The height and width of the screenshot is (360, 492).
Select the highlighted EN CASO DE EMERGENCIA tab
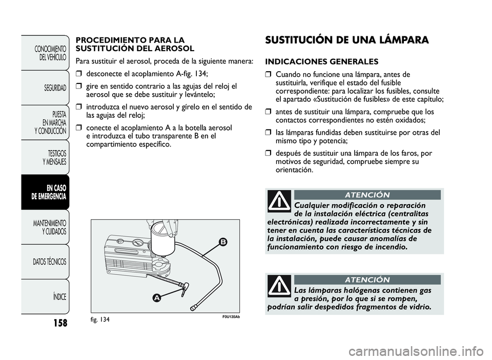click(x=49, y=192)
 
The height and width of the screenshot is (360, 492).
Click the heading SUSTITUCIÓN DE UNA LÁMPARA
click(x=346, y=40)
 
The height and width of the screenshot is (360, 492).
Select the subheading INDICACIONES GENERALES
click(x=322, y=61)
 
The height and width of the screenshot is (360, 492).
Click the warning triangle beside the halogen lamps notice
click(x=279, y=286)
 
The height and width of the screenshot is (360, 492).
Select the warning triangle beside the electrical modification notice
click(x=279, y=201)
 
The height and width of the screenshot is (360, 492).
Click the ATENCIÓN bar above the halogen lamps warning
click(x=367, y=280)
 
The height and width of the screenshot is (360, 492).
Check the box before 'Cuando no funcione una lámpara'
click(x=268, y=74)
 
